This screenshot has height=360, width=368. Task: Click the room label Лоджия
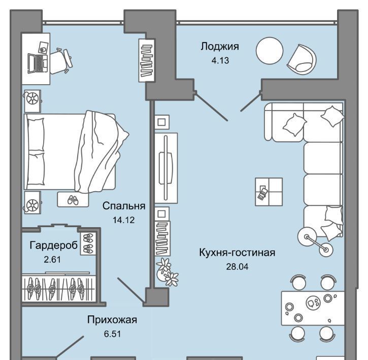[220, 47]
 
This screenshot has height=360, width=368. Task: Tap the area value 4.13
[220, 60]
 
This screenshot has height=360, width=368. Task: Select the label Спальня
[124, 206]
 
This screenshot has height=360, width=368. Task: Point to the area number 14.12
[124, 220]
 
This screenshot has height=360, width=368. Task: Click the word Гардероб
[54, 245]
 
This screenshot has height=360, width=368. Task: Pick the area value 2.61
[52, 260]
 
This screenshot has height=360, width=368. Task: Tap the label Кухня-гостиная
[237, 253]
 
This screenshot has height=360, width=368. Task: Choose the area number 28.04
[237, 267]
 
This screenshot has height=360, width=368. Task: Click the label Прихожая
[112, 319]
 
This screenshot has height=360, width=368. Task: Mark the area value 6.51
[112, 334]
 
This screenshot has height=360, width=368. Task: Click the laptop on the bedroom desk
[38, 63]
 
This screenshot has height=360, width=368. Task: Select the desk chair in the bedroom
[60, 61]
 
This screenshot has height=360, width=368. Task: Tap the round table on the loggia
[270, 50]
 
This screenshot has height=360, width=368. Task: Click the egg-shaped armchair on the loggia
[302, 59]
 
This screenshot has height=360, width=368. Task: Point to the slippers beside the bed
[73, 200]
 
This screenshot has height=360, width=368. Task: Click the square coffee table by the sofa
[269, 192]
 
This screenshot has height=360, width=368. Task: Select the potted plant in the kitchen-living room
[167, 272]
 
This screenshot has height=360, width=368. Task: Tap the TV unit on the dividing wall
[166, 168]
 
